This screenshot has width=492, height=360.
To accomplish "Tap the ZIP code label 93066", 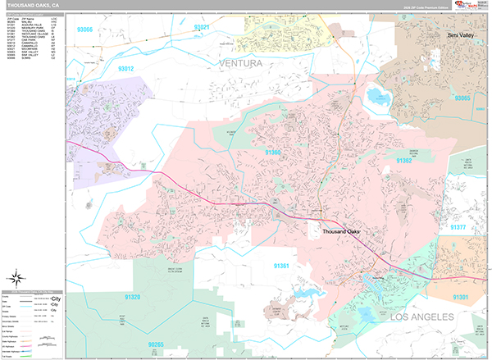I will (85, 30).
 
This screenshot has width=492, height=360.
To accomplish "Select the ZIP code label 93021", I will (202, 27).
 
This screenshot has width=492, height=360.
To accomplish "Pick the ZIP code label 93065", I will (463, 98).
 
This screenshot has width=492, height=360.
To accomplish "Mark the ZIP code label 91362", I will (404, 161).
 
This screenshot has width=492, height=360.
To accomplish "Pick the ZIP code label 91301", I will (461, 297).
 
